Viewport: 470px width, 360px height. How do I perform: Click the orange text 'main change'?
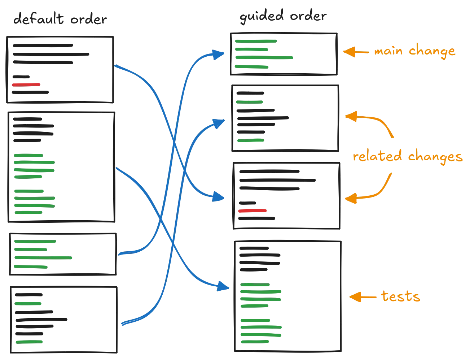click(414, 51)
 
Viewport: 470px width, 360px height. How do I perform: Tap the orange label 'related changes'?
click(407, 157)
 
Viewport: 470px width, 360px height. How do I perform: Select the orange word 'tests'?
click(400, 297)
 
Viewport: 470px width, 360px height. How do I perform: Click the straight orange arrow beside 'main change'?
click(355, 52)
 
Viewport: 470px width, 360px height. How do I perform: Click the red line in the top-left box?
click(26, 84)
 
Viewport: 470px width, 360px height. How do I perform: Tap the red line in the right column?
click(252, 211)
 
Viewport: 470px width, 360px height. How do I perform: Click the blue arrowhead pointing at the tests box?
click(224, 287)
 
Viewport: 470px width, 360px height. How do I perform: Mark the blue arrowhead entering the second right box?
click(219, 123)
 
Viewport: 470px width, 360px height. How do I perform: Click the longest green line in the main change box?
click(264, 58)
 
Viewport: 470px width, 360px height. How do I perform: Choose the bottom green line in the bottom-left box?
click(29, 341)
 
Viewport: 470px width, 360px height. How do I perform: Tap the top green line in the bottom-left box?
click(28, 304)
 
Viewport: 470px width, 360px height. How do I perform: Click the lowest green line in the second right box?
click(251, 141)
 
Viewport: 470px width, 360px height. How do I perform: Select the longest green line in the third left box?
click(43, 258)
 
